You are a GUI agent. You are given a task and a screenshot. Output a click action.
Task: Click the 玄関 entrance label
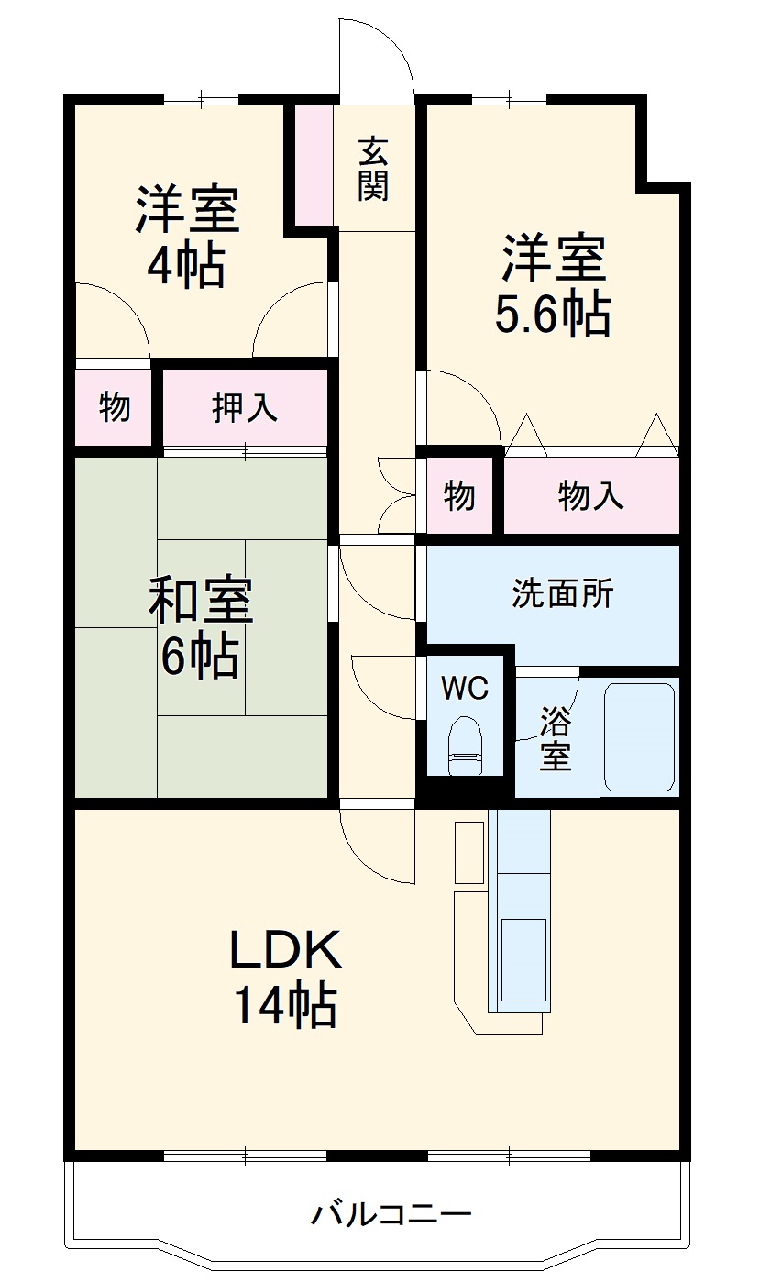[x=373, y=169]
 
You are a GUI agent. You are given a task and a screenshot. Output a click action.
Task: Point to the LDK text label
[x=285, y=950]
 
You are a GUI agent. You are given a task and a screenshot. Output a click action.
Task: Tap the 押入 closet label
[x=245, y=407]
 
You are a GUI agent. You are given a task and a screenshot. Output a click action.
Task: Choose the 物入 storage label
[x=591, y=496]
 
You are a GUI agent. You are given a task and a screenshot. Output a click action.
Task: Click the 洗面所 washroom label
[x=562, y=594]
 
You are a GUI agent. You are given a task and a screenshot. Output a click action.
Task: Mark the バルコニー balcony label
[x=391, y=1215]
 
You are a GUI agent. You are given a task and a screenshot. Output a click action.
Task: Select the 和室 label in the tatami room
[x=201, y=602]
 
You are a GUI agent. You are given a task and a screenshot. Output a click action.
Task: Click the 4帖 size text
[x=186, y=266]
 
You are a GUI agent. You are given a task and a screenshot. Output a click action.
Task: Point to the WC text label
[x=466, y=688]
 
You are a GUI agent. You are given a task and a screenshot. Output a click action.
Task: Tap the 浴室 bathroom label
[x=556, y=739]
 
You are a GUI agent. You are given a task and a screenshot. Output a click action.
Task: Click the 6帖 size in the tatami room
[x=201, y=655]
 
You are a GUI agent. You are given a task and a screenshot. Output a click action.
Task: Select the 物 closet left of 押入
[x=115, y=406]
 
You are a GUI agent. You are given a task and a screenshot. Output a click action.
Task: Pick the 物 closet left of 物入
[x=460, y=496]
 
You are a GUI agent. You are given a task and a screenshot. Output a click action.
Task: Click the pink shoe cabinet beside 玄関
[x=314, y=165]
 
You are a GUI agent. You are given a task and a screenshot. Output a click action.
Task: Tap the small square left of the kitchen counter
[x=469, y=853]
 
